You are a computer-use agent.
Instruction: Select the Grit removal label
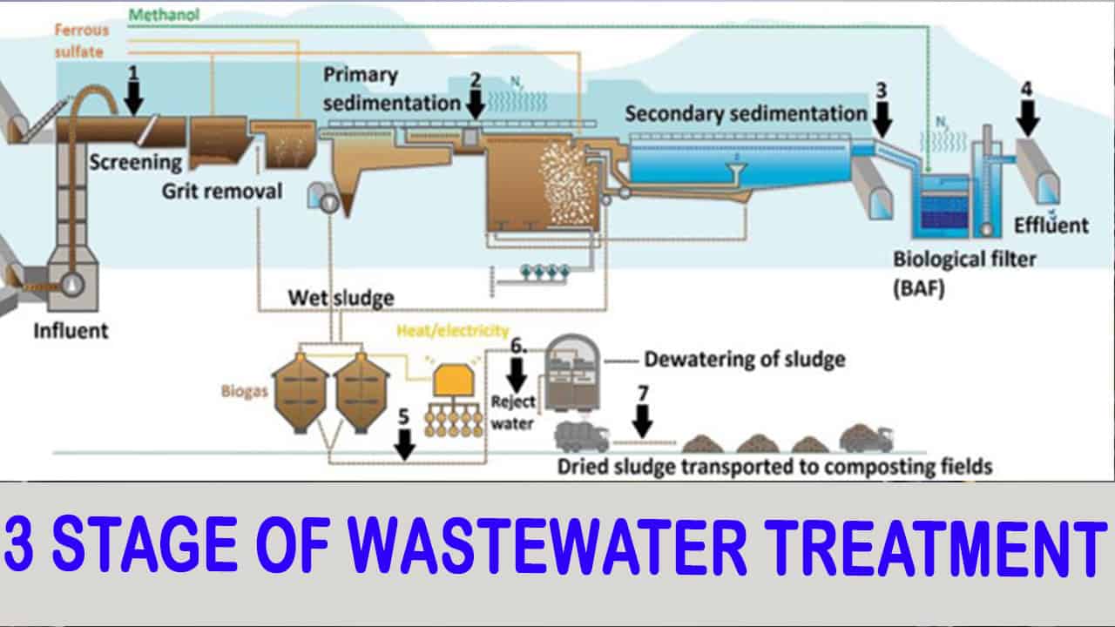tap(222, 190)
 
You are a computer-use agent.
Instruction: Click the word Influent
tap(72, 331)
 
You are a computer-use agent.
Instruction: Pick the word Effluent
tap(1051, 225)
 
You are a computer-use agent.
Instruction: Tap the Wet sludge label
tap(341, 298)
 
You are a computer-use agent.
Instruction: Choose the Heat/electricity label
tap(452, 331)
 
